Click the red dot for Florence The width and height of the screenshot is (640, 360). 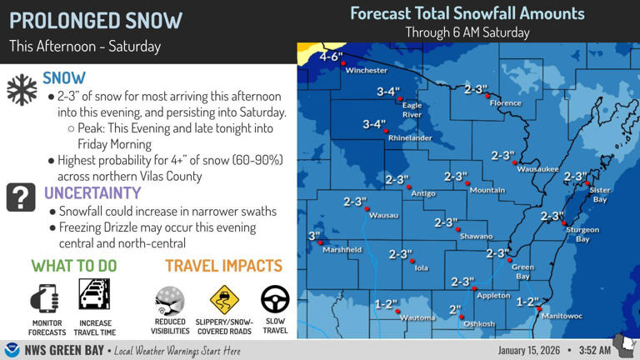click(x=490, y=95)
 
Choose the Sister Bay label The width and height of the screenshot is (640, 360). click(x=600, y=194)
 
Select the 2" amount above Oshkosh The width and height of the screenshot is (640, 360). click(x=455, y=309)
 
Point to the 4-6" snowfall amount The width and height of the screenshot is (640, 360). click(x=331, y=57)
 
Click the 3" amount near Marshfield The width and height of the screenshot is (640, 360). click(x=314, y=236)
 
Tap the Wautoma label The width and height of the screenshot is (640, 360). click(x=417, y=317)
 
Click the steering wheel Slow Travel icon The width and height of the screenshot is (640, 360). click(x=275, y=298)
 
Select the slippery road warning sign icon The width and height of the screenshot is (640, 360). click(x=223, y=298)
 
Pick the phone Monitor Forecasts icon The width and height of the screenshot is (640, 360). click(x=47, y=297)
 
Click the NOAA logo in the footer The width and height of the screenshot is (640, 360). click(x=12, y=349)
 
